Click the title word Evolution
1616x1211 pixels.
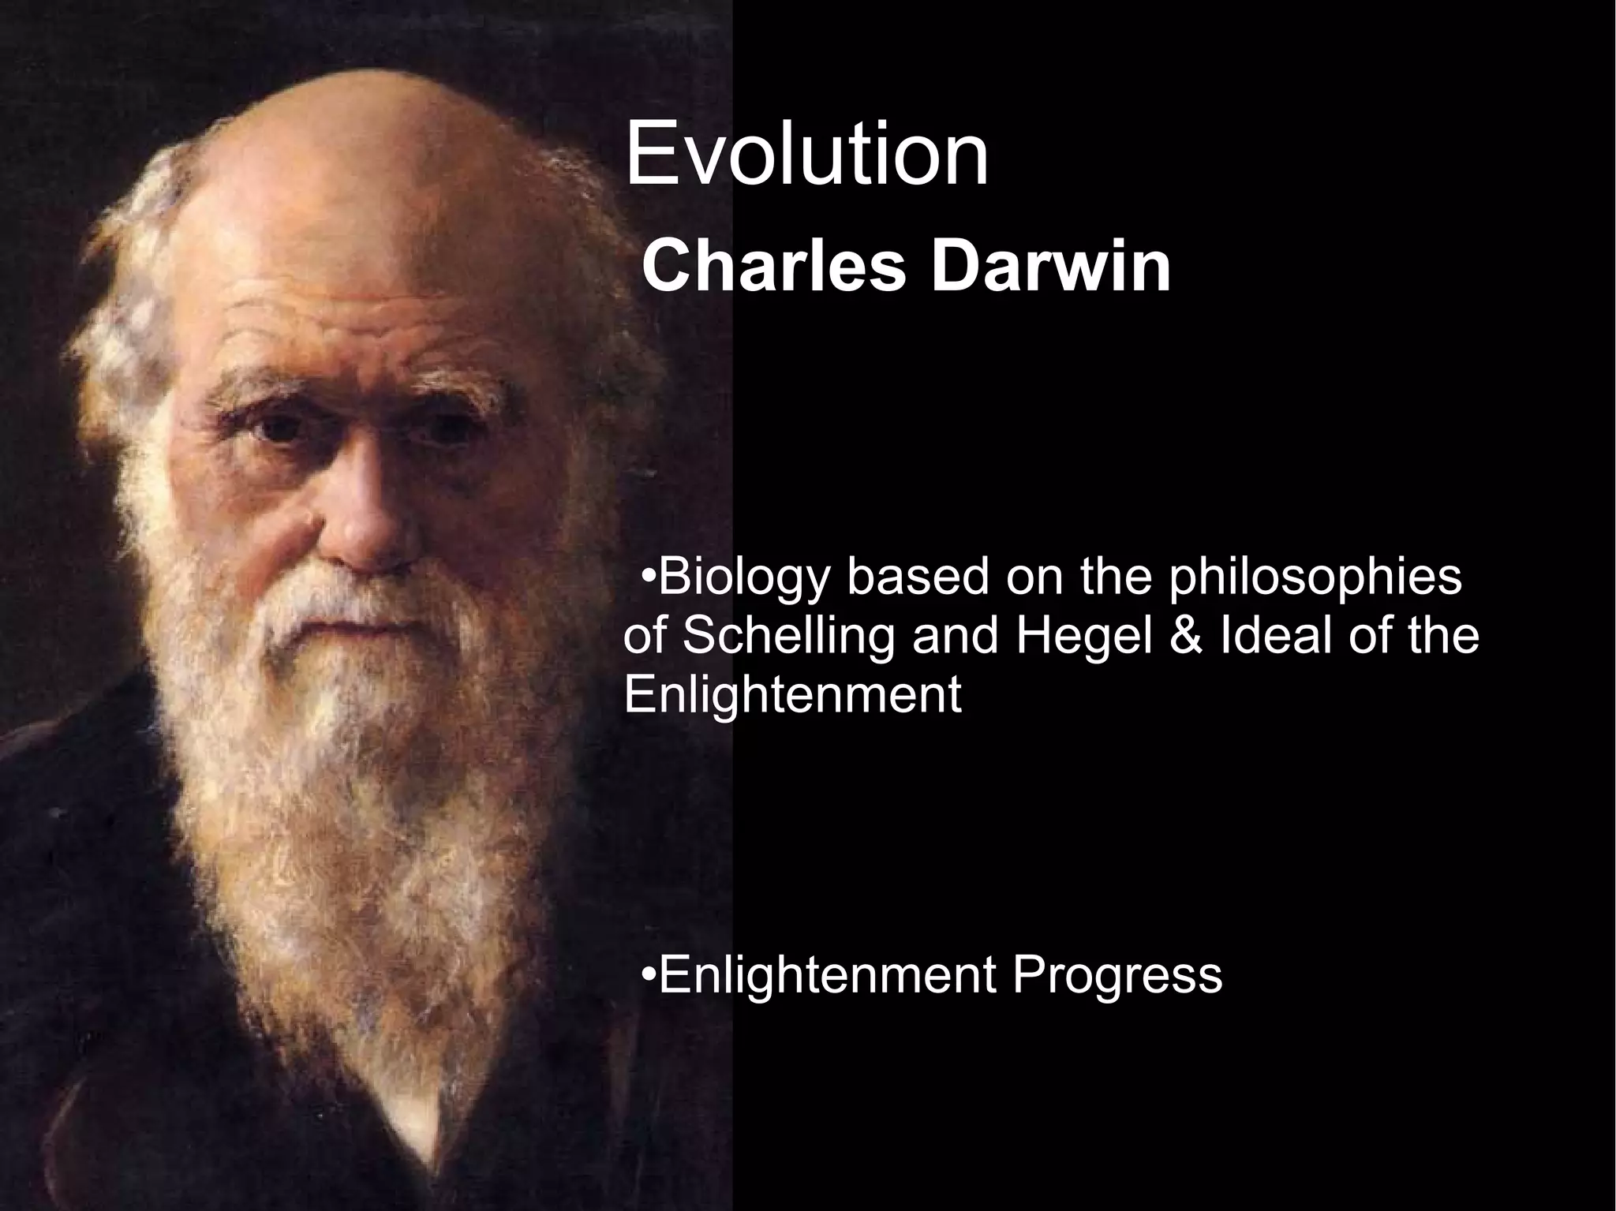[x=806, y=155]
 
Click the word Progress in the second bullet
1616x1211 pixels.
[x=1117, y=975]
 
